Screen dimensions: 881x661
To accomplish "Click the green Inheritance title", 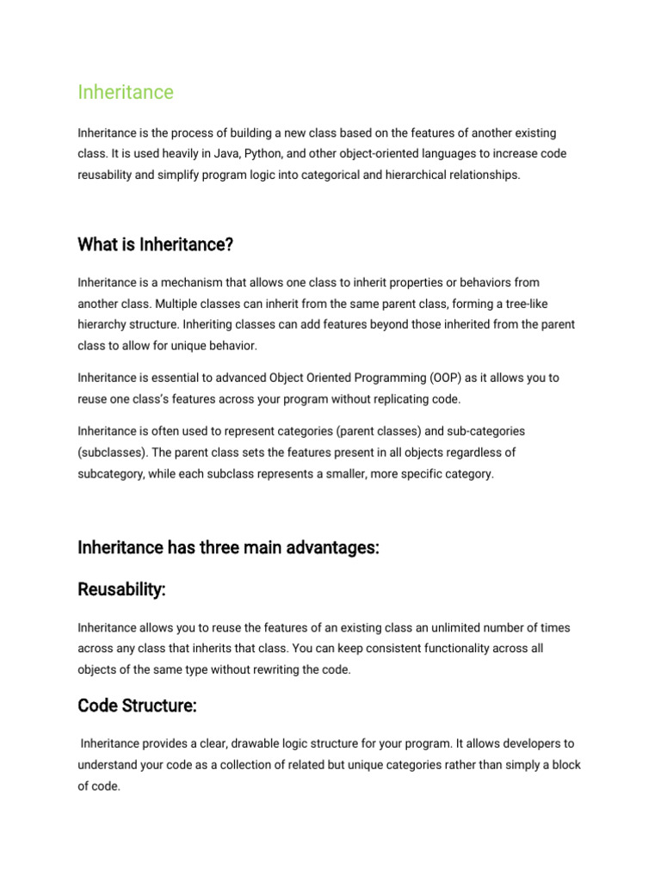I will click(x=126, y=92).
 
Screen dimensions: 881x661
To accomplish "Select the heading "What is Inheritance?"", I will click(x=155, y=245).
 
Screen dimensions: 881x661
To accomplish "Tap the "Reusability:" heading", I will click(x=121, y=589).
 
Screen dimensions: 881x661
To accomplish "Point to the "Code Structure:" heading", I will click(x=137, y=705).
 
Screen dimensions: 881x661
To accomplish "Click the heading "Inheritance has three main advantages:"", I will click(x=228, y=548).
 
